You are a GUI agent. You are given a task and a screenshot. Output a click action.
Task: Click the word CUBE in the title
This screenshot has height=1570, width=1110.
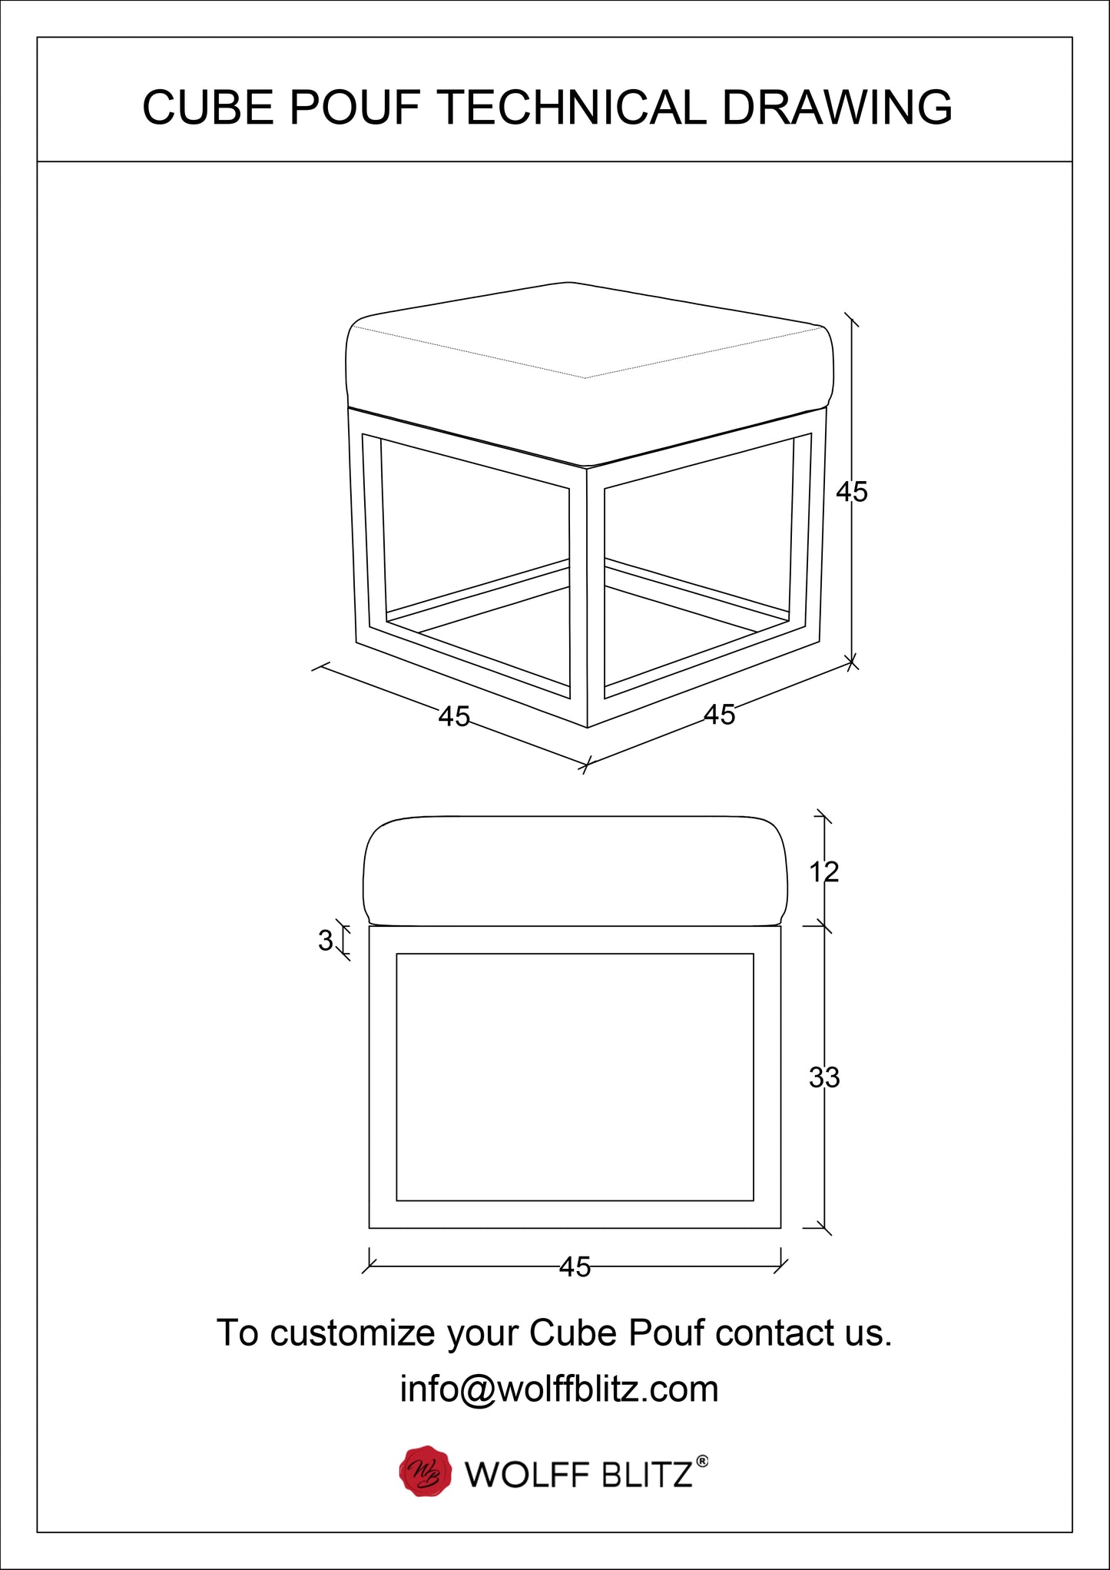click(x=207, y=107)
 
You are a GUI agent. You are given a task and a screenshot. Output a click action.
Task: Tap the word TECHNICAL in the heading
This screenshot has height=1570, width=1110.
click(x=572, y=107)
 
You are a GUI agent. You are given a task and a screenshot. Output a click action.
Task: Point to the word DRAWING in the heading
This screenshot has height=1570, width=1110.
click(x=837, y=107)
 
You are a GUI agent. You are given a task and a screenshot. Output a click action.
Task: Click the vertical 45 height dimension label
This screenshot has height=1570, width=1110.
click(x=852, y=492)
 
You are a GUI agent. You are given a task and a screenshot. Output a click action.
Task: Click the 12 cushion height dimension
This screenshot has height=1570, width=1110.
click(x=824, y=872)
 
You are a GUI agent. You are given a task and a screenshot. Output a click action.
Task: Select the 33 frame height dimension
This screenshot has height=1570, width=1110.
click(x=824, y=1077)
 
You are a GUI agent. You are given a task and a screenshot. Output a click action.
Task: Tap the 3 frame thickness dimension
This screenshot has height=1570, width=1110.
click(x=326, y=940)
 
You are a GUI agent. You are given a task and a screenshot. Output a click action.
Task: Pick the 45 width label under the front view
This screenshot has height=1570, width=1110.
click(x=575, y=1266)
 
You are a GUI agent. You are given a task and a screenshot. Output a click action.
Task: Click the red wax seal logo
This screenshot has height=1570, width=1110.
click(x=425, y=1472)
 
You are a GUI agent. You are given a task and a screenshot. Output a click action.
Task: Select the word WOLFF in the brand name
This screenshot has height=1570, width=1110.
click(x=527, y=1475)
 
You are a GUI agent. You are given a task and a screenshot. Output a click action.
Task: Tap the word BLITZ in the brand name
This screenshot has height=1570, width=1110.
click(x=647, y=1475)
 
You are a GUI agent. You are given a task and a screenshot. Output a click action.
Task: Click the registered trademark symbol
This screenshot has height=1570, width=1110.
click(x=701, y=1461)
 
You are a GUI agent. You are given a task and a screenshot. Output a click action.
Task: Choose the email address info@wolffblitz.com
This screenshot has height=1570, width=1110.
click(x=559, y=1389)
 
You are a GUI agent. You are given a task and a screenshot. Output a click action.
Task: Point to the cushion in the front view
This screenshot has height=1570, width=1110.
click(x=575, y=871)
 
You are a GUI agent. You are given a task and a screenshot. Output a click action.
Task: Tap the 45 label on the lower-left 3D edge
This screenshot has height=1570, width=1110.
click(x=454, y=716)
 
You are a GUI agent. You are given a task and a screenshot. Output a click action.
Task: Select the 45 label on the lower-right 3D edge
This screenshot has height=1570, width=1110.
click(x=720, y=715)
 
